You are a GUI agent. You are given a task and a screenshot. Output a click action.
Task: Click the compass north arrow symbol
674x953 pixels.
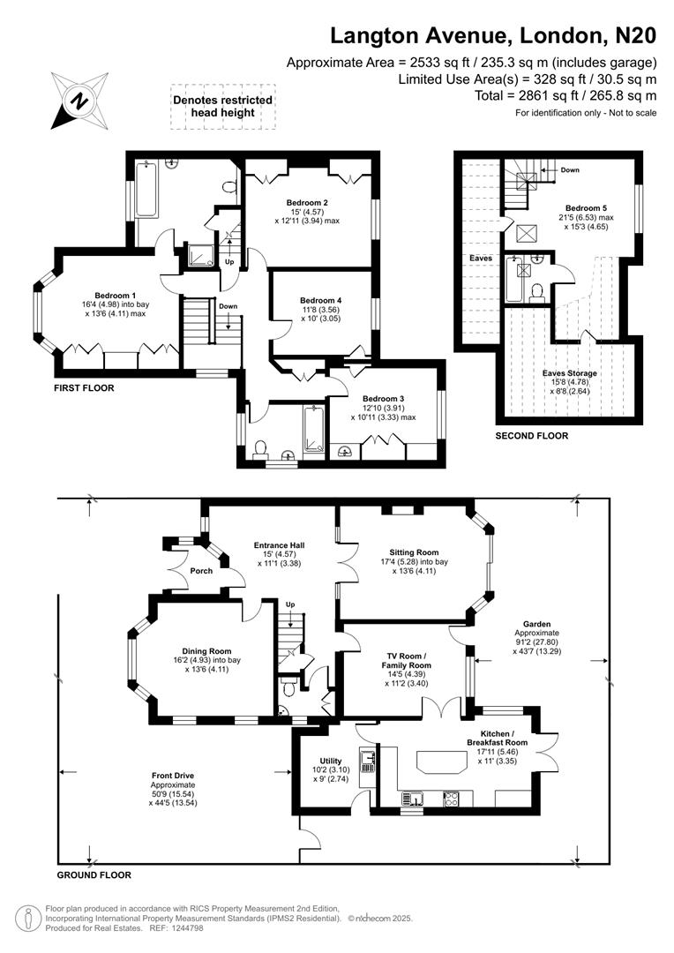(x=79, y=101)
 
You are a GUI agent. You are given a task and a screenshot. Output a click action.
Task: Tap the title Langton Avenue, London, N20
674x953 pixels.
(x=493, y=35)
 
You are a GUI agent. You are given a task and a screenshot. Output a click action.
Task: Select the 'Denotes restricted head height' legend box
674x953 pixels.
(x=222, y=107)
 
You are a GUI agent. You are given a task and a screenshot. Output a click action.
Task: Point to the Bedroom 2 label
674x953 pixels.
(x=308, y=200)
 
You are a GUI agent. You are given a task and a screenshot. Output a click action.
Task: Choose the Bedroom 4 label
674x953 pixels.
(x=320, y=300)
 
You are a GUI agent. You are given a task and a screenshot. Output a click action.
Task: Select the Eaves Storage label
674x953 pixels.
(x=573, y=373)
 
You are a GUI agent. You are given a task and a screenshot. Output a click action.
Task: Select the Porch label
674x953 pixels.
(x=201, y=571)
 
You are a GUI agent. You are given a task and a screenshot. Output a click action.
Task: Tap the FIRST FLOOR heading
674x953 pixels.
(x=84, y=387)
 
